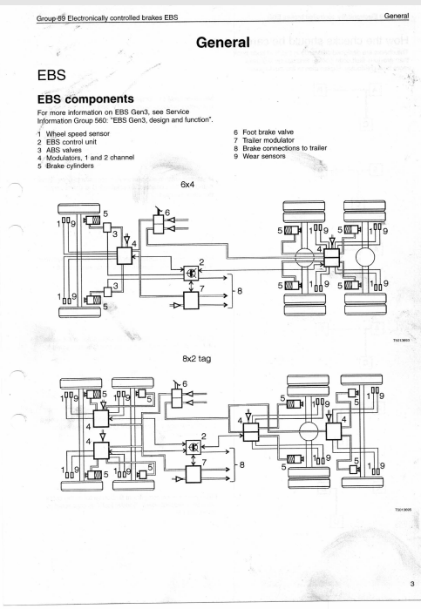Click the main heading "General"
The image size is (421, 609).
[223, 42]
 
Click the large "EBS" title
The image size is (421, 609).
[51, 75]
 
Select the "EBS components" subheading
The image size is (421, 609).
[85, 99]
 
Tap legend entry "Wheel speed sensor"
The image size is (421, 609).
[78, 133]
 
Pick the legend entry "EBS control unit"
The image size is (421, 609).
[71, 142]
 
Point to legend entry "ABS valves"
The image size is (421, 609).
[64, 150]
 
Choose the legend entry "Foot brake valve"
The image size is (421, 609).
[268, 132]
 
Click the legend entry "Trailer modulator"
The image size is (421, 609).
[268, 140]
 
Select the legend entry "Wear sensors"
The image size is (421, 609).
[264, 156]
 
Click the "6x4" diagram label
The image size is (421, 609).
[187, 185]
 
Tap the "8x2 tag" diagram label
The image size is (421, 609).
[197, 358]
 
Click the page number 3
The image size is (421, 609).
[412, 584]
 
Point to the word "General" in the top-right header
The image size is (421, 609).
[397, 16]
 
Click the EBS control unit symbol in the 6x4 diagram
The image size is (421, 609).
[191, 273]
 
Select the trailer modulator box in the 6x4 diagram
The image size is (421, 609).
[191, 301]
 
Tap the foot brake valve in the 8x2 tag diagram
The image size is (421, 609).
[177, 397]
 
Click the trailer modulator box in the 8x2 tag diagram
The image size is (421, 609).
[194, 474]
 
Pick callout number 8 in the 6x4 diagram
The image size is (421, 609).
[240, 290]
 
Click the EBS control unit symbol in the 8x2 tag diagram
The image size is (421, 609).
[194, 448]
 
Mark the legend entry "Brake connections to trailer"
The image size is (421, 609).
[284, 148]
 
